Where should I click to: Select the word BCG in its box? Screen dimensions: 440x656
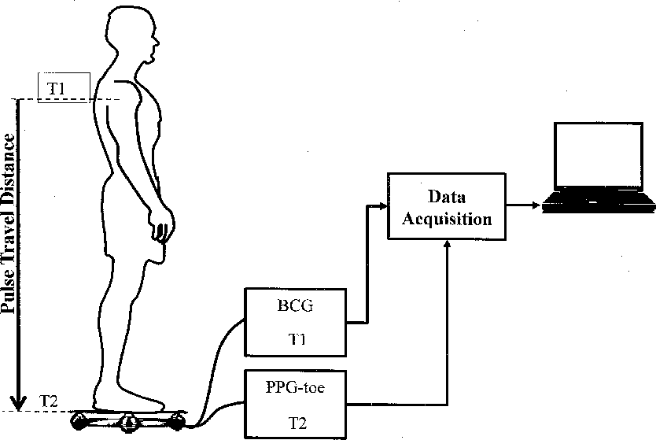[x=295, y=306]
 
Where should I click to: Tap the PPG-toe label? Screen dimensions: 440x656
[x=295, y=386]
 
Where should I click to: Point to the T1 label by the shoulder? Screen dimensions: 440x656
[x=57, y=87]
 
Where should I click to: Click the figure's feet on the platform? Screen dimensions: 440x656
[x=134, y=398]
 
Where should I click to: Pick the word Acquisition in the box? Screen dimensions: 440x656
[x=447, y=218]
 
